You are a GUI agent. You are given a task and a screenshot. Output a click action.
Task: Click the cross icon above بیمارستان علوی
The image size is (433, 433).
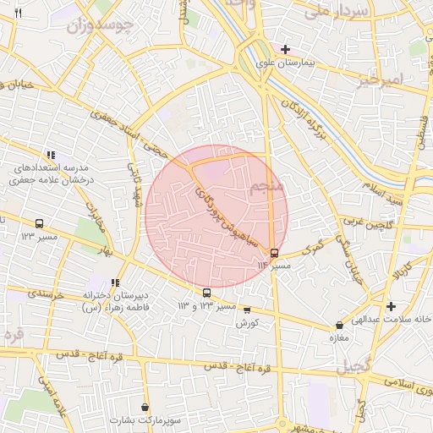click(x=286, y=48)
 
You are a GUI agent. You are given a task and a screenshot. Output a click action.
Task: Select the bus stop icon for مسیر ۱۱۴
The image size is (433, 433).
click(x=273, y=252)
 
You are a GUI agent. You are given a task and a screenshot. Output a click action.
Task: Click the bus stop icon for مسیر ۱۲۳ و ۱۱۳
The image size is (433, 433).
click(x=206, y=293)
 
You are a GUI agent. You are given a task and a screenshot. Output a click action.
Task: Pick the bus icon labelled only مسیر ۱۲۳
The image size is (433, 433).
click(x=40, y=223)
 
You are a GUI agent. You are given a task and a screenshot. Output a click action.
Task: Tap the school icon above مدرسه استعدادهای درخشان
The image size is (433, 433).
click(x=52, y=155)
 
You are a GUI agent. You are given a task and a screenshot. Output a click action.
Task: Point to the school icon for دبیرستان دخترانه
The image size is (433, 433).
click(x=115, y=282)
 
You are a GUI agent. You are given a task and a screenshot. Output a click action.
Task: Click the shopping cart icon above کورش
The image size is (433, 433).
click(x=246, y=310)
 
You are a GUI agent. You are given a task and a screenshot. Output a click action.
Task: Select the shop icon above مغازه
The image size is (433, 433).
click(x=339, y=325)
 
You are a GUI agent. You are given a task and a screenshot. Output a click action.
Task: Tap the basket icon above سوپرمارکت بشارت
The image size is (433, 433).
click(x=145, y=408)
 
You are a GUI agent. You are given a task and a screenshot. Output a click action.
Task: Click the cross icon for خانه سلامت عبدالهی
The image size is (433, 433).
click(x=390, y=306)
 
